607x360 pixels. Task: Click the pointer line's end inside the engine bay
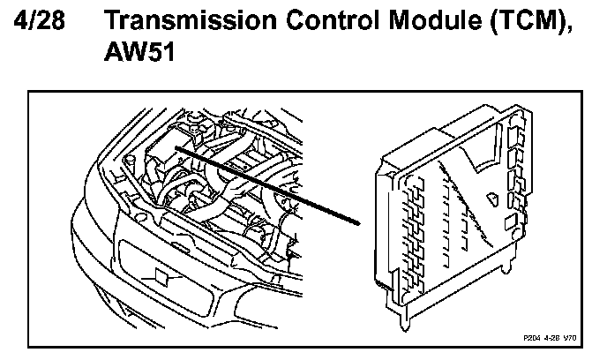click(176, 147)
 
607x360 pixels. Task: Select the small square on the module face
click(511, 216)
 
